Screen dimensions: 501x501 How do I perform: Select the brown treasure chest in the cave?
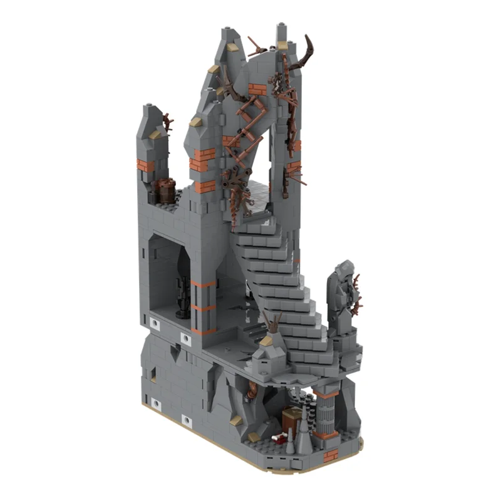click(291, 419)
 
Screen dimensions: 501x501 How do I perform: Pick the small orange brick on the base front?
click(330, 453)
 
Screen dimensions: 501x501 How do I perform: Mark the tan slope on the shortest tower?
click(155, 133)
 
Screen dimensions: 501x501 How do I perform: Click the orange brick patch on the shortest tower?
click(145, 166)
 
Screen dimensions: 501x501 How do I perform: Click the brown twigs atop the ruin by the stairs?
click(271, 323)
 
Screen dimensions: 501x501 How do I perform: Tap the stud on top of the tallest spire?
click(280, 26)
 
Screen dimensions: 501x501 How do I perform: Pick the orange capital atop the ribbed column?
click(326, 392)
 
